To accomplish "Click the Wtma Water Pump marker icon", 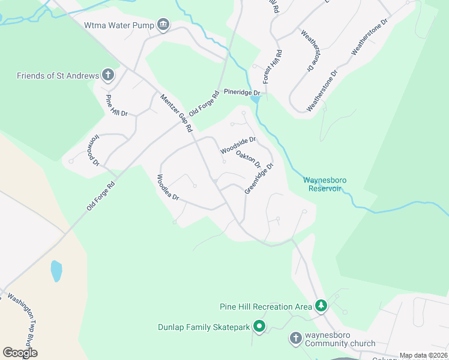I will (163, 25).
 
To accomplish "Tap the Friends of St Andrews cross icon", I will (109, 75).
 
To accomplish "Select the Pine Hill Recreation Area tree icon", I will (321, 307).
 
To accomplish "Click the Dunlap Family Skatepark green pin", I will (259, 327).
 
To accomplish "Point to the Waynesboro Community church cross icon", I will (295, 338).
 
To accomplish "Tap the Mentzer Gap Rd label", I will (175, 113).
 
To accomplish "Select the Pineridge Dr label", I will (242, 93).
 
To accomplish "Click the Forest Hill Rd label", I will (273, 66).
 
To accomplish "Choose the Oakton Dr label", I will (248, 160).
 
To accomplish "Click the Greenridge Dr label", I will (259, 178).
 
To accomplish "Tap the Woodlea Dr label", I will (168, 188).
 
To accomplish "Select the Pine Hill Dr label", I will (117, 106).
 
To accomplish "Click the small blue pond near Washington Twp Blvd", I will (56, 271).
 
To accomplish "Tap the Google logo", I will (20, 353).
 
